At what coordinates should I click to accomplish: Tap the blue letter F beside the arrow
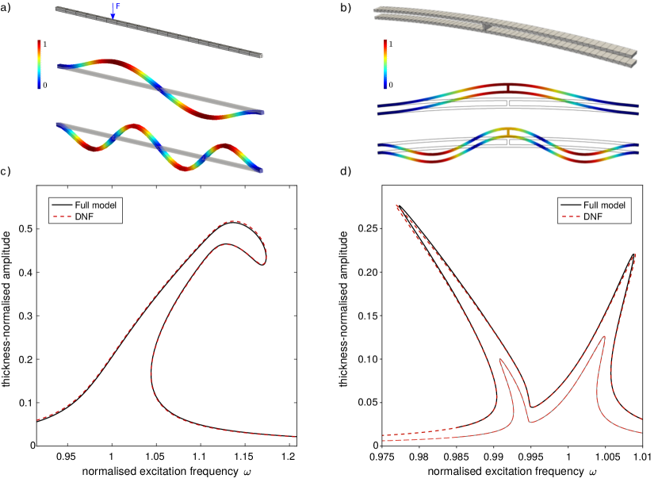pos(118,6)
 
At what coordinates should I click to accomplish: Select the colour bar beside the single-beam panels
pos(40,63)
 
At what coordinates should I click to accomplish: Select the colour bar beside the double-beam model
pos(386,63)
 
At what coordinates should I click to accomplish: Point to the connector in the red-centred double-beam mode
pos(508,88)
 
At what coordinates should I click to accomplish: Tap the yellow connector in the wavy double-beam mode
pos(508,132)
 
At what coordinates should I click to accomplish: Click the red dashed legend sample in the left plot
pos(63,216)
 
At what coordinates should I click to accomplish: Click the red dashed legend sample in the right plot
pos(571,216)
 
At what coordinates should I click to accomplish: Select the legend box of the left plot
pos(86,210)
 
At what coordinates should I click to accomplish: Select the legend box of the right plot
pos(594,210)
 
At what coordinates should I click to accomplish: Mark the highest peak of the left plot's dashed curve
pos(232,221)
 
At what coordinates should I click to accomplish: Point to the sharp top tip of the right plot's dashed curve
pos(396,205)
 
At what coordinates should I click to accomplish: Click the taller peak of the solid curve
pos(604,336)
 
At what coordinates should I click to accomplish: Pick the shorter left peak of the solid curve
pos(500,359)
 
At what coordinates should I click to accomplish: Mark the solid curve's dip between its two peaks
pos(530,422)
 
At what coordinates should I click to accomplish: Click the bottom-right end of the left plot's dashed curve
pos(294,436)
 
